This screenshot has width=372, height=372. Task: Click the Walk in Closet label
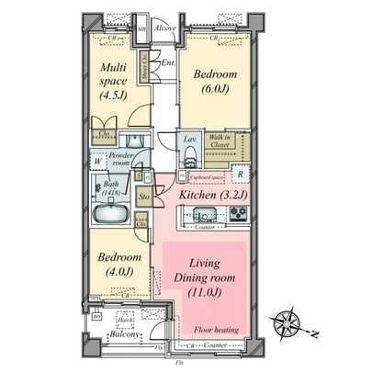(x=220, y=141)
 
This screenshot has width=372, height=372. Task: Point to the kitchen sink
(x=202, y=216)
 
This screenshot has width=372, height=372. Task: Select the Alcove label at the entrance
(x=165, y=28)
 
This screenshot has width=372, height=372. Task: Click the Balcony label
(x=125, y=335)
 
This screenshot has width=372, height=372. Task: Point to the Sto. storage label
(x=145, y=196)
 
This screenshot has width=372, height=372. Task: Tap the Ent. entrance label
(x=168, y=63)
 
